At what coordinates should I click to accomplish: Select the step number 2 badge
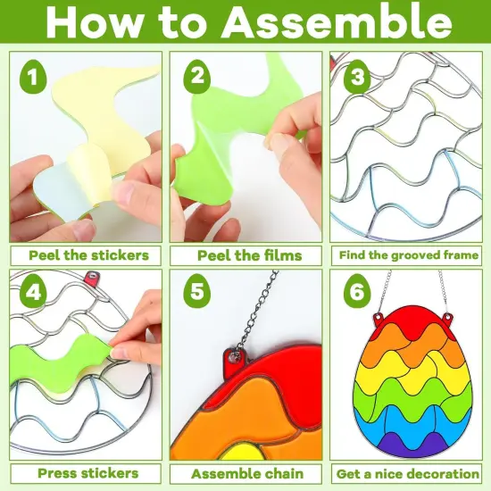click(x=196, y=77)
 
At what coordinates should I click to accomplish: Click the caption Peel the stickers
click(x=87, y=254)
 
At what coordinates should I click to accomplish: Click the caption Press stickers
click(x=87, y=472)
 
